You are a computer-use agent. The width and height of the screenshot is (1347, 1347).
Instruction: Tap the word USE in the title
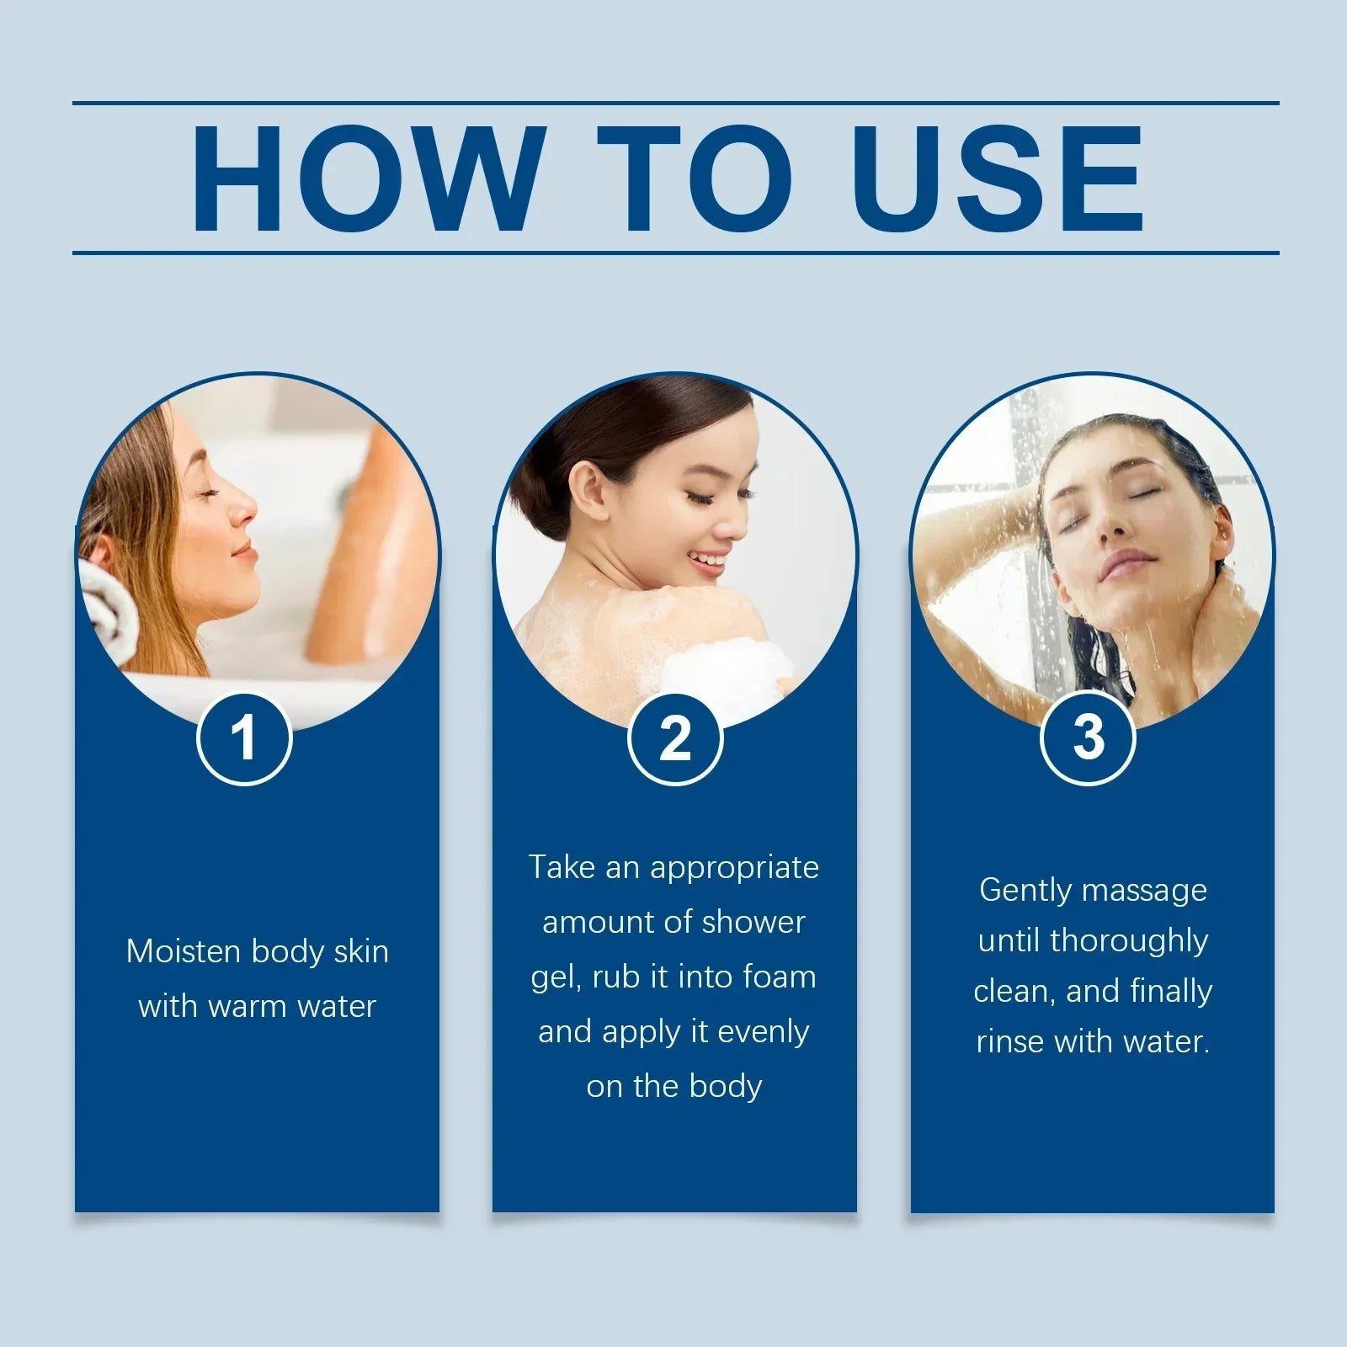click(x=997, y=178)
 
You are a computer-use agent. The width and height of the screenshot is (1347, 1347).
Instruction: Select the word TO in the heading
click(x=695, y=178)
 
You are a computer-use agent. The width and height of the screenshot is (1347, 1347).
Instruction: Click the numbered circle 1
click(x=244, y=738)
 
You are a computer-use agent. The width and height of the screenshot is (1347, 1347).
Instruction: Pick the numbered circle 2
click(x=675, y=738)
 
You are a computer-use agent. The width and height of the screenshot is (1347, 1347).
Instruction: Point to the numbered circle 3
click(x=1088, y=738)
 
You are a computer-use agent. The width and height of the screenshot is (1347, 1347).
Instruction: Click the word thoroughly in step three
click(x=1129, y=941)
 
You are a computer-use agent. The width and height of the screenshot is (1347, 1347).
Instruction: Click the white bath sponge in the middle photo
click(x=724, y=673)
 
